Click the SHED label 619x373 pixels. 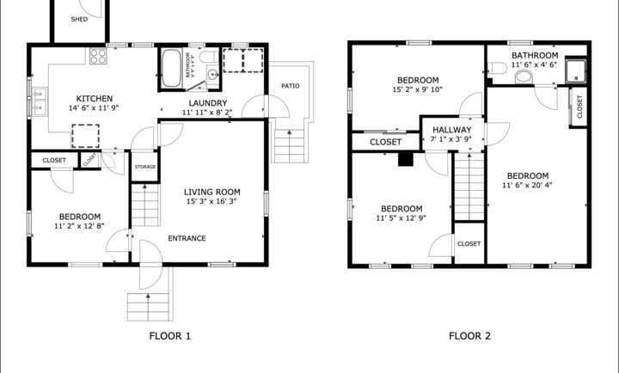pyautogui.click(x=79, y=19)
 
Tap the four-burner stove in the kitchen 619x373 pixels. pyautogui.click(x=97, y=57)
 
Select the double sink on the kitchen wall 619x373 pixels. pyautogui.click(x=39, y=94)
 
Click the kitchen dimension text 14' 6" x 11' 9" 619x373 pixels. pyautogui.click(x=90, y=109)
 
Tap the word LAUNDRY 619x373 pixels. pyautogui.click(x=207, y=103)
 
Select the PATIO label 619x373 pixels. pyautogui.click(x=290, y=86)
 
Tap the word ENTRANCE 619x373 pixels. pyautogui.click(x=187, y=238)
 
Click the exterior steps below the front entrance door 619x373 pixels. pyautogui.click(x=144, y=305)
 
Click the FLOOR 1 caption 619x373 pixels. pyautogui.click(x=170, y=336)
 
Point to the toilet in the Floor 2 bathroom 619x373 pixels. pyautogui.click(x=524, y=77)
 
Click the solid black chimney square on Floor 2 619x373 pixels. pyautogui.click(x=406, y=157)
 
